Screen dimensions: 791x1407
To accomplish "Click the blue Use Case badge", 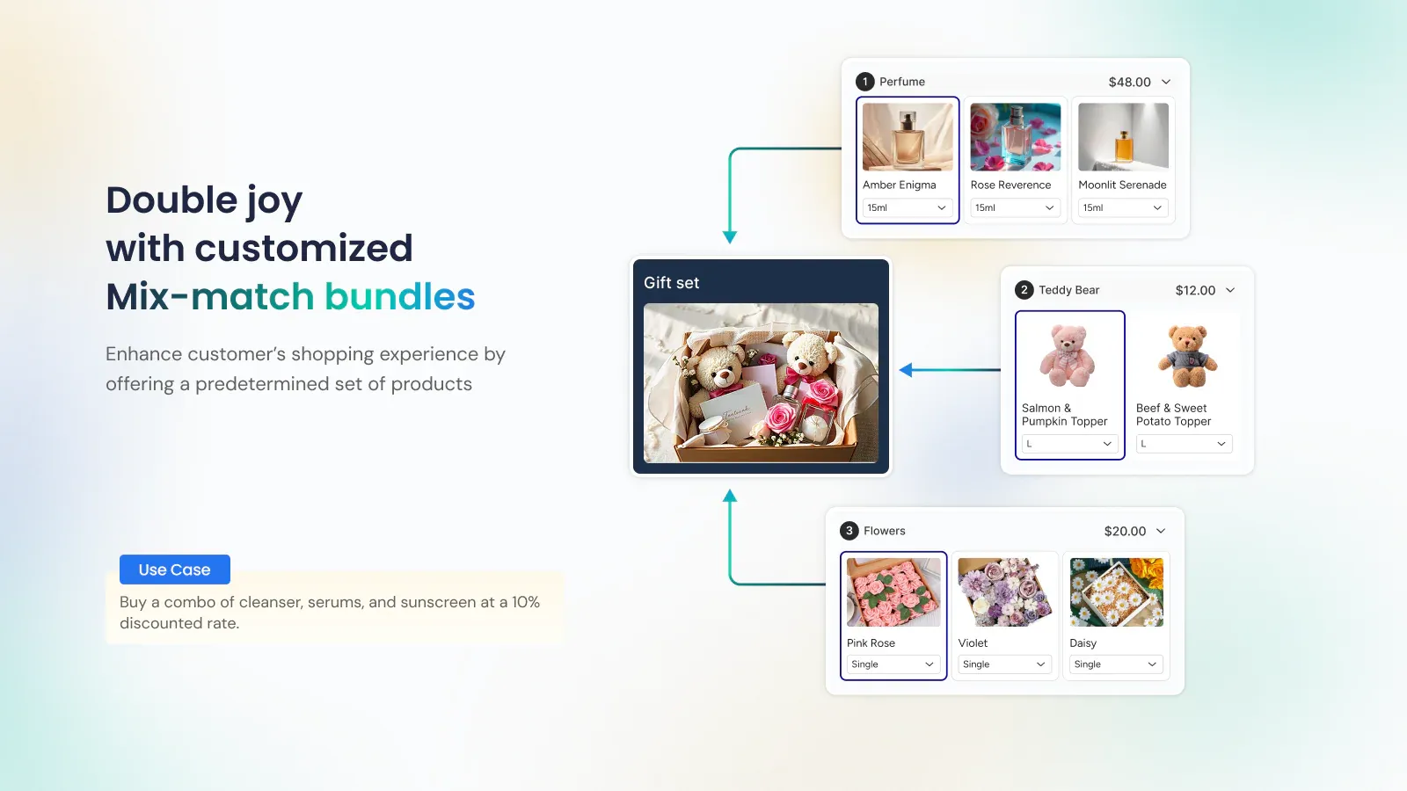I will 174,570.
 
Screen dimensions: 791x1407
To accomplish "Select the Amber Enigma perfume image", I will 908,136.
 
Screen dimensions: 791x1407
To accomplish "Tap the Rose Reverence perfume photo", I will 1015,136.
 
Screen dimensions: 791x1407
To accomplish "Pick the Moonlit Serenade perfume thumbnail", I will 1123,136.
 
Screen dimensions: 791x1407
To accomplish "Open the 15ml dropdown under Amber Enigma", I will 907,208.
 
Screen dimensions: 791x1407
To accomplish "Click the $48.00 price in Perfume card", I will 1129,82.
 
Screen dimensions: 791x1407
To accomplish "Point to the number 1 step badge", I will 865,82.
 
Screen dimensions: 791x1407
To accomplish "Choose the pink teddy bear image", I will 1067,356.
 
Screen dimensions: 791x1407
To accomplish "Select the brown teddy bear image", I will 1186,356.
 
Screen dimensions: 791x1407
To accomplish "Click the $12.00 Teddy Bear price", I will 1195,290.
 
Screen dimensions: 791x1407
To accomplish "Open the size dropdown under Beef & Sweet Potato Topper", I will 1184,444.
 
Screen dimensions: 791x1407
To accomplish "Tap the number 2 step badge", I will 1024,290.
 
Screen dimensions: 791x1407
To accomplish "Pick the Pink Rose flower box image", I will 893,592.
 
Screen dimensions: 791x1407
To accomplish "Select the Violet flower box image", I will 1004,592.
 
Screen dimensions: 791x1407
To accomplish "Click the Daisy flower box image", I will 1116,592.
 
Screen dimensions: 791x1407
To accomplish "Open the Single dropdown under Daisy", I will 1116,664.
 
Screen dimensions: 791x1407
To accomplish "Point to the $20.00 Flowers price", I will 1125,531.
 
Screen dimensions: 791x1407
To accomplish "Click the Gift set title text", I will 671,283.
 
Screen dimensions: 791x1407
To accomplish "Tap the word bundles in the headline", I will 399,297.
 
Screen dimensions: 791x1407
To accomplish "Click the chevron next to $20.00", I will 1161,531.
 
